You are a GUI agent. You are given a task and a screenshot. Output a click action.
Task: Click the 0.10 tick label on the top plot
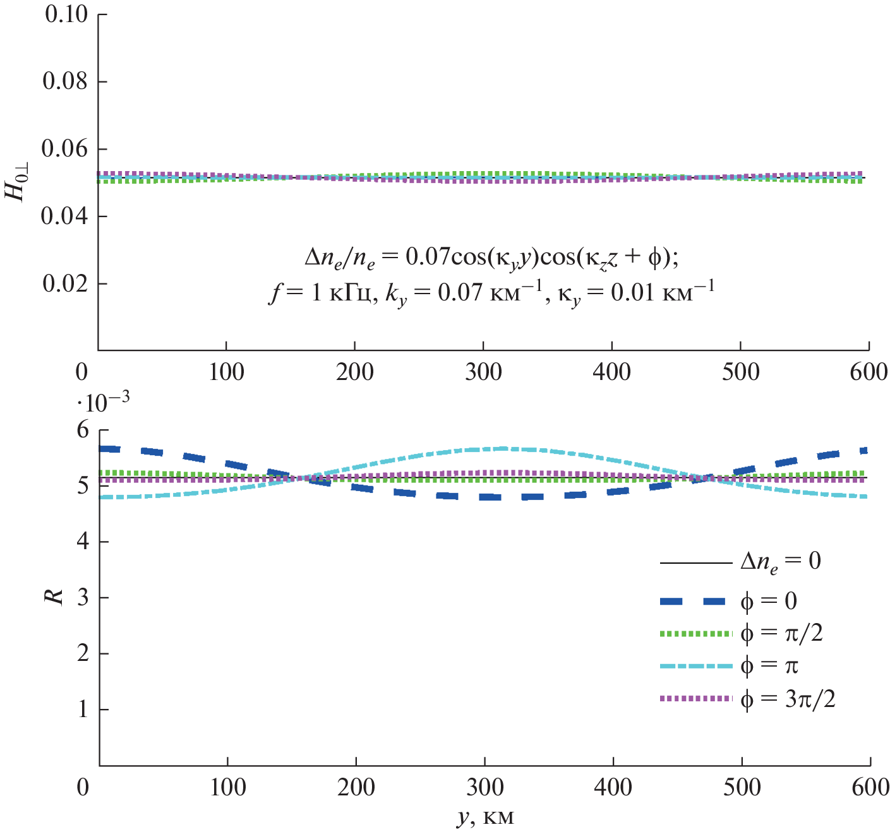[66, 14]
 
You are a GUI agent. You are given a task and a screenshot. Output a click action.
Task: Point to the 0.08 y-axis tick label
[66, 81]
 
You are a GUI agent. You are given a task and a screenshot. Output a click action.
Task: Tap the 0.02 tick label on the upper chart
[66, 283]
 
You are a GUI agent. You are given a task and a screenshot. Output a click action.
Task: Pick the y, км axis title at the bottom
[485, 817]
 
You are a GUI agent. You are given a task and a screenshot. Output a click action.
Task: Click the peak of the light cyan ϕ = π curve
[504, 448]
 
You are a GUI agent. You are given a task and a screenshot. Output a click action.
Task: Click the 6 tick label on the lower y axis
[83, 431]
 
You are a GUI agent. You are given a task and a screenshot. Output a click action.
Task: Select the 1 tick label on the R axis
[83, 710]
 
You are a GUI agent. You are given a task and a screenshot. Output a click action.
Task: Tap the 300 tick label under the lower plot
[484, 787]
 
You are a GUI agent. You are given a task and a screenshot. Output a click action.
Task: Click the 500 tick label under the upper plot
[740, 372]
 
